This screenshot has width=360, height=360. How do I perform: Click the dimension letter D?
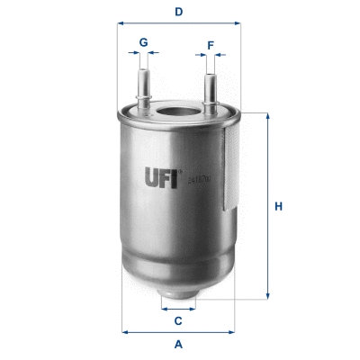[x=179, y=12]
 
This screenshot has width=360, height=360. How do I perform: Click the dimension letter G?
[x=144, y=41]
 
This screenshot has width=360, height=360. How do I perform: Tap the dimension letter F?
[x=210, y=42]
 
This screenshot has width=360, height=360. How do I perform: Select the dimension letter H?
[x=279, y=208]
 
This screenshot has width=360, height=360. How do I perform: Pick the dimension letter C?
[x=178, y=321]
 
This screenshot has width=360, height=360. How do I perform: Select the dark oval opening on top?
[x=177, y=115]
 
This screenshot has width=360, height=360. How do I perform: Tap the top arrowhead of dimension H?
[x=266, y=117]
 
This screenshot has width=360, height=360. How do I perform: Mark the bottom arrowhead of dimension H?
[x=266, y=295]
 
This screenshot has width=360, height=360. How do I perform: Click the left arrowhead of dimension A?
[x=125, y=332]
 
